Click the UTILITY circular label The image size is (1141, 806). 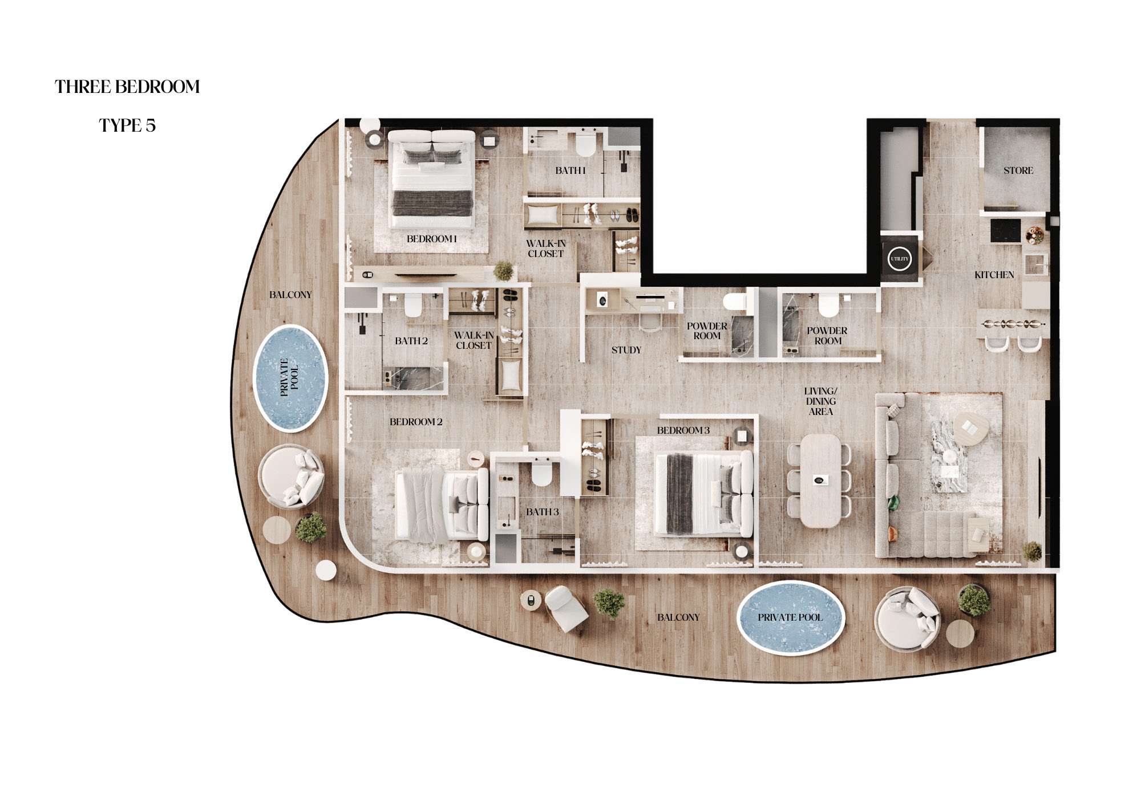point(900,259)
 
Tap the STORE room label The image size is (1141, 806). point(1018,170)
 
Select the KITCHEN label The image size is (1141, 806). point(994,275)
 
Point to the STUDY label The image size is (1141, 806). point(626,350)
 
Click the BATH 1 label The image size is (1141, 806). point(570,170)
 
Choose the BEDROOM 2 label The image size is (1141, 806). point(416,422)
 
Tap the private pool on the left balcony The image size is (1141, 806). point(290,377)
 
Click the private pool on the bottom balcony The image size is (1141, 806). point(790,617)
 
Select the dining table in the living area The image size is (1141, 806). point(820,481)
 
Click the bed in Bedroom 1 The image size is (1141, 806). point(432,178)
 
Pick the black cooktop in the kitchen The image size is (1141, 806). point(1005,230)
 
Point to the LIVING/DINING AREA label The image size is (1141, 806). point(821,401)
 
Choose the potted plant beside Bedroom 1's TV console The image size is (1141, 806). point(503,271)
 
